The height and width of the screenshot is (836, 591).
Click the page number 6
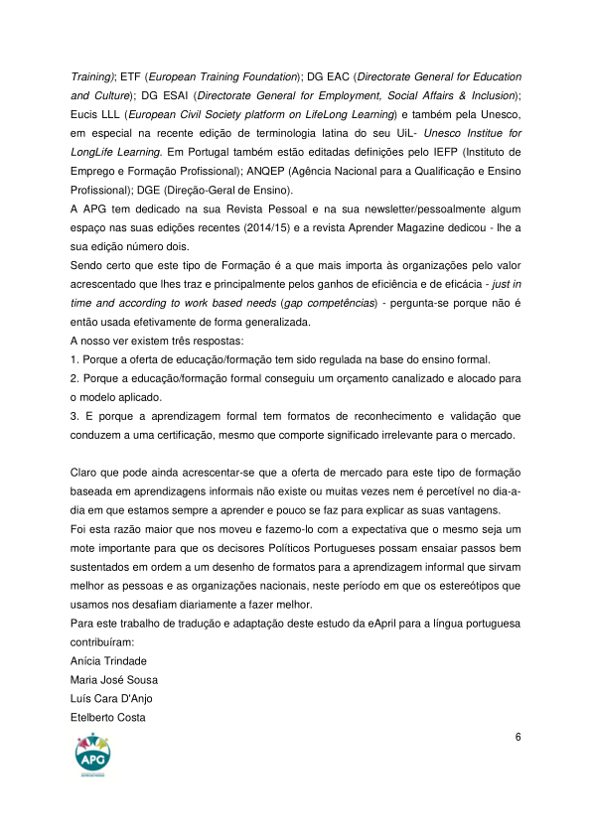(x=517, y=737)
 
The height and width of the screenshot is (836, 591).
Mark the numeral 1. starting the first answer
(x=74, y=358)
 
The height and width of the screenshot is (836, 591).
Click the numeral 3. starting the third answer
(x=74, y=415)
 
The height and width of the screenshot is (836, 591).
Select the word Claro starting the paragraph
(x=85, y=472)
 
